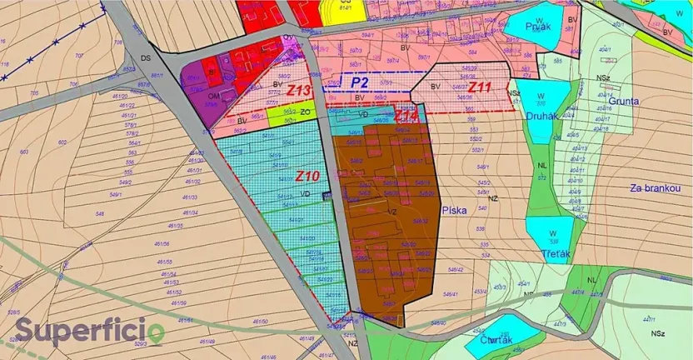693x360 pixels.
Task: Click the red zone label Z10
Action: [x=307, y=177]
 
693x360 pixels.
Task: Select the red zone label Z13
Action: [x=300, y=90]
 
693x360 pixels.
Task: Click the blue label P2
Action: [x=360, y=82]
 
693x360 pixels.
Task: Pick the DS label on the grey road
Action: [x=147, y=58]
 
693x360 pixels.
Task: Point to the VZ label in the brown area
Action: [x=391, y=212]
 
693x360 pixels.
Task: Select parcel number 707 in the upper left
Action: [x=80, y=57]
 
